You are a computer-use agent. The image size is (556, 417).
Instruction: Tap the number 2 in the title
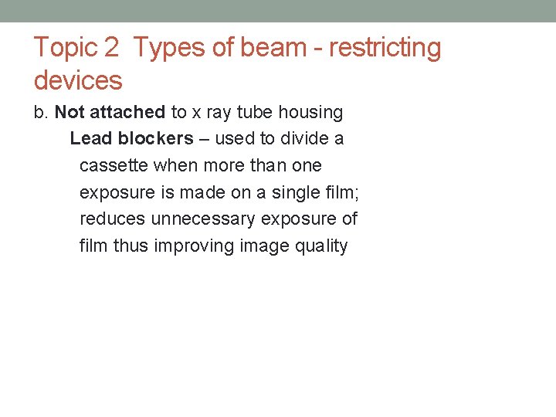(111, 48)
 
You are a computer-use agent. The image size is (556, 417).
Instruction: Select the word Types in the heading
(171, 48)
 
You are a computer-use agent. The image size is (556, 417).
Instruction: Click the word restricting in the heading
(385, 48)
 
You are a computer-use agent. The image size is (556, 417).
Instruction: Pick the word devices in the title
(78, 80)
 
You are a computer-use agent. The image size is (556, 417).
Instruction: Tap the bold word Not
(69, 113)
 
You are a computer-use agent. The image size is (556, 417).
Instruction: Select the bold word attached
(127, 113)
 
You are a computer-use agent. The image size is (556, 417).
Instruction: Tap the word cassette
(114, 166)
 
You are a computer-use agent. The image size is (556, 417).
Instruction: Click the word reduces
(112, 219)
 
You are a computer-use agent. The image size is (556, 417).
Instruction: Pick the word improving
(195, 246)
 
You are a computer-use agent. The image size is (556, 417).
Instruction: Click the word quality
(321, 247)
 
